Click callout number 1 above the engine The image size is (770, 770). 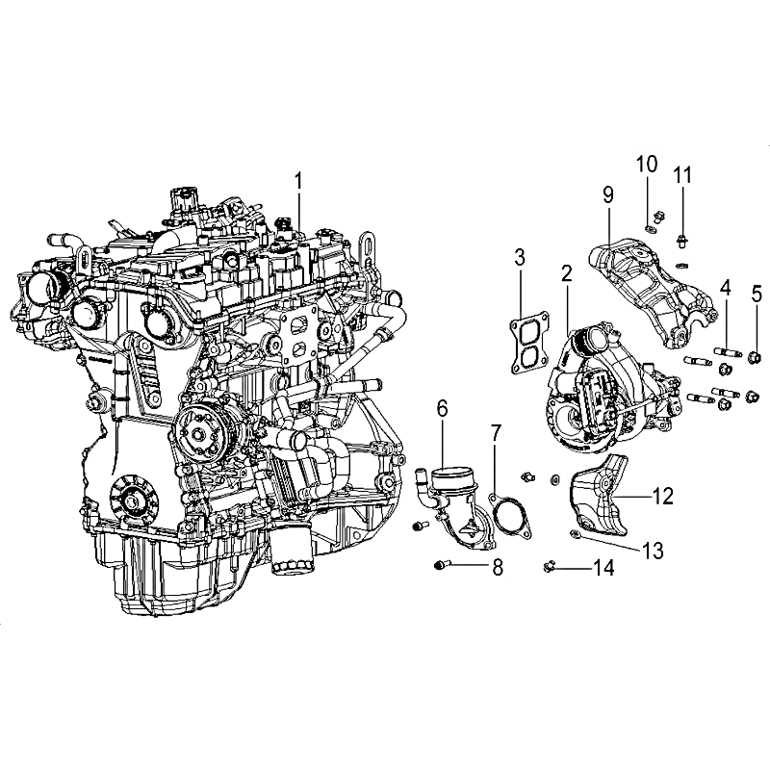[x=299, y=181]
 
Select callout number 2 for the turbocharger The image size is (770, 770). [x=567, y=273]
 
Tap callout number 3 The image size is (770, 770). [x=520, y=257]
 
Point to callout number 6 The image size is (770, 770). [x=443, y=408]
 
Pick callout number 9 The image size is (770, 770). [x=608, y=195]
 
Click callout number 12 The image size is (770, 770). [x=662, y=496]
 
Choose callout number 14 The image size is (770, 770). [x=604, y=568]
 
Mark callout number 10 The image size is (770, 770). [x=647, y=164]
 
